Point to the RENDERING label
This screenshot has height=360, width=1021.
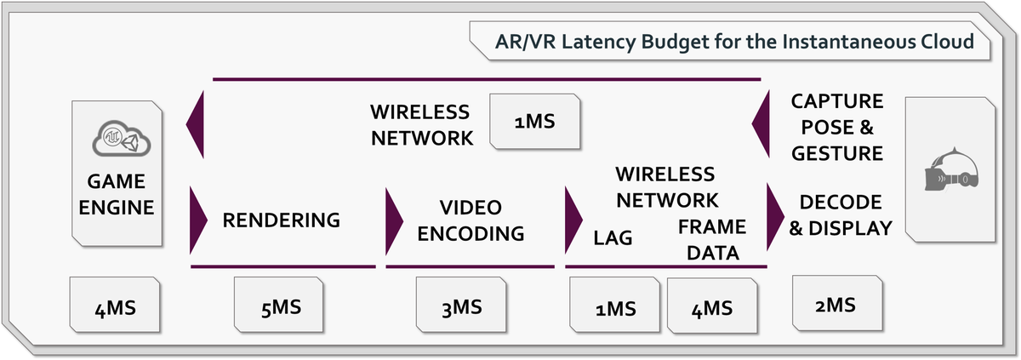point(281,220)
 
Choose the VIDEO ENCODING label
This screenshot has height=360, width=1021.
point(471,220)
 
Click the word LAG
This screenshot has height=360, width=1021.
point(613,238)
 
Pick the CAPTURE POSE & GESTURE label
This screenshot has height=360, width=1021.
point(837,128)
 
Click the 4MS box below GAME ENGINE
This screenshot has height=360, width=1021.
point(115,306)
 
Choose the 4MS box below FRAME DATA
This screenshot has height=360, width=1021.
point(713,307)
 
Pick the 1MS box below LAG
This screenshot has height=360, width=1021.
point(614,307)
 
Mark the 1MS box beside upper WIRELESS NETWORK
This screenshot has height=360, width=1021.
point(534,122)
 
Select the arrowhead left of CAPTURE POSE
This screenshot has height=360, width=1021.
point(760,127)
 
